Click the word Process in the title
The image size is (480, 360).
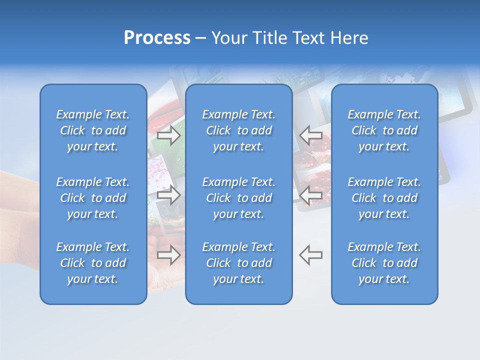pos(157,38)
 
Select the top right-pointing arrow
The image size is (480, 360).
pos(169,135)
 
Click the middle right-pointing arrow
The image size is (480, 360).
pos(169,194)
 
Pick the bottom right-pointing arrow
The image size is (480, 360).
pos(169,254)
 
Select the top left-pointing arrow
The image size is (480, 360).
pos(311,135)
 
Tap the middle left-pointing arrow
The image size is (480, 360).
pos(311,194)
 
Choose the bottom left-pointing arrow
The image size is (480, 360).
pos(311,254)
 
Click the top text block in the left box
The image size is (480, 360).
pos(93,130)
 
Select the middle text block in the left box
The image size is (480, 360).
pos(93,198)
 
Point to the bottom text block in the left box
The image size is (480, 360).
pos(93,263)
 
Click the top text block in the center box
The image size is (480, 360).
pos(239,130)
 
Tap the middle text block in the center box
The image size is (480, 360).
pos(239,198)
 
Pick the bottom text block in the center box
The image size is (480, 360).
pos(239,263)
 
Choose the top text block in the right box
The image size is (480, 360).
pos(384,130)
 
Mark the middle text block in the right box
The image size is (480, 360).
pos(384,198)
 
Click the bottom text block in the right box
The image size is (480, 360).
pos(384,263)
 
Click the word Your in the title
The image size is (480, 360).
pos(228,38)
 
